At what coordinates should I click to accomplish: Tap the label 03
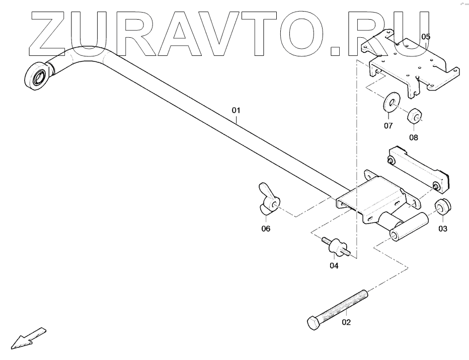[x=442, y=229]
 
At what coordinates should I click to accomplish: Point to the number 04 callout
[x=334, y=265]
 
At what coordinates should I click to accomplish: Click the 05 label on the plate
[x=426, y=37]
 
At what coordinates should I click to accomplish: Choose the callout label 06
[x=265, y=229]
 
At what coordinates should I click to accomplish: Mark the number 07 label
[x=388, y=126]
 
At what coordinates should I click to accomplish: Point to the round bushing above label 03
[x=443, y=206]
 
